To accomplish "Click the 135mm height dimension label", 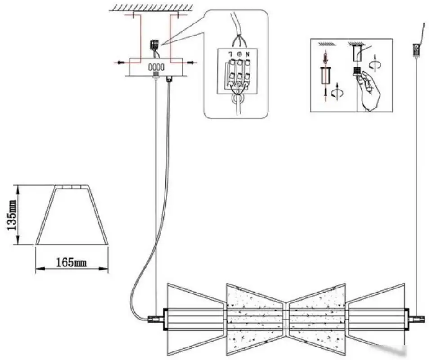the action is click(12, 215).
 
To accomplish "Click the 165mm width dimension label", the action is click(71, 262).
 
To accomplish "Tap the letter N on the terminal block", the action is click(247, 54).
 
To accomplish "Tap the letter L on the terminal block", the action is click(231, 54).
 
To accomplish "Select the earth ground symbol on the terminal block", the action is click(239, 54).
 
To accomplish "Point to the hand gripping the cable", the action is click(370, 91).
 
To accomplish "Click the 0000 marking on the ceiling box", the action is click(156, 67).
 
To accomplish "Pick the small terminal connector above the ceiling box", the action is click(155, 45).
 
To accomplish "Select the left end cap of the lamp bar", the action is click(165, 319).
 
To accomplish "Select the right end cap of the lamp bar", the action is click(407, 319).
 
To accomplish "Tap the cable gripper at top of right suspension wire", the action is click(416, 50).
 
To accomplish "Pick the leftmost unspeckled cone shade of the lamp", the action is click(197, 319).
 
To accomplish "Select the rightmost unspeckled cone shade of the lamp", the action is click(375, 319).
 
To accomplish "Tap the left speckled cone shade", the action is click(256, 319).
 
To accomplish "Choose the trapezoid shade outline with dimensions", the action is click(71, 215).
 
